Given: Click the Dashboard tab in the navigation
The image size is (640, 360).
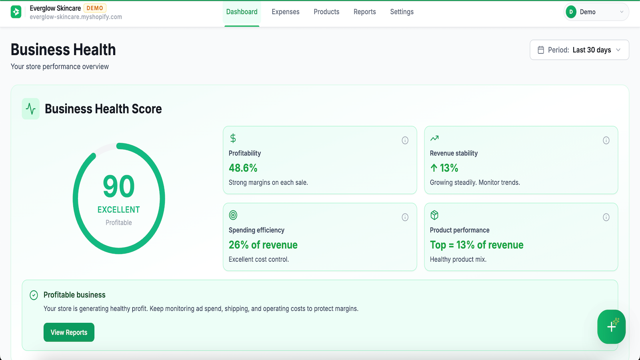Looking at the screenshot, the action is pos(242,12).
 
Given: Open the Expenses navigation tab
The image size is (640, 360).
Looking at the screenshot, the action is pos(286,12).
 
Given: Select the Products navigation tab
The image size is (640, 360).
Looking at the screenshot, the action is pos(326,12).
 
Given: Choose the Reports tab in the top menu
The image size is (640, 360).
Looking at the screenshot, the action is pos(364,12).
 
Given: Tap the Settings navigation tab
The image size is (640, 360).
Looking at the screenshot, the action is pos(402,12).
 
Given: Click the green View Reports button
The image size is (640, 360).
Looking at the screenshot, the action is pos(69,332).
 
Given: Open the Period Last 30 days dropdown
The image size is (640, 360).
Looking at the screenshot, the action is pos(579,50).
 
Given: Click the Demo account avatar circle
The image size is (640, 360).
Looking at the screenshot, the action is pos(571,12).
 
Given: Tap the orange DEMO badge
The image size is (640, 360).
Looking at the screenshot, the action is pos(95,8).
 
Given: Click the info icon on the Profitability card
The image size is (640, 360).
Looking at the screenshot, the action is pos(405,140).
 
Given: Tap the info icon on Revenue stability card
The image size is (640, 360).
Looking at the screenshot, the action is pos(606,140).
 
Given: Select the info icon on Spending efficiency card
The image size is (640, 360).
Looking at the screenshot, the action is pos(405,217).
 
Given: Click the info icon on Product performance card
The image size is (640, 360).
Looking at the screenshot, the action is pos(606,217).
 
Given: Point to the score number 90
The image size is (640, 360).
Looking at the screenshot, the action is pos(118,186).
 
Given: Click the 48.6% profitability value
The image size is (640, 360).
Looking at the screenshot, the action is pos(243,168).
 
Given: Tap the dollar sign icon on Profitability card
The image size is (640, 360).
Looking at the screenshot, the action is pos(233,138).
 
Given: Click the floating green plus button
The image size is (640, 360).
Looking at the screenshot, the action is pos(611,326).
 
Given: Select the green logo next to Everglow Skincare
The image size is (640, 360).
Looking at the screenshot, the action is pos(16,12).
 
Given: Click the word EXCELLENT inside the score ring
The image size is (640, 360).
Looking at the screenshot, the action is pos(118,210).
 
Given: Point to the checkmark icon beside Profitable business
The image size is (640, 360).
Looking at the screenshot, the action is pos(34,295).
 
